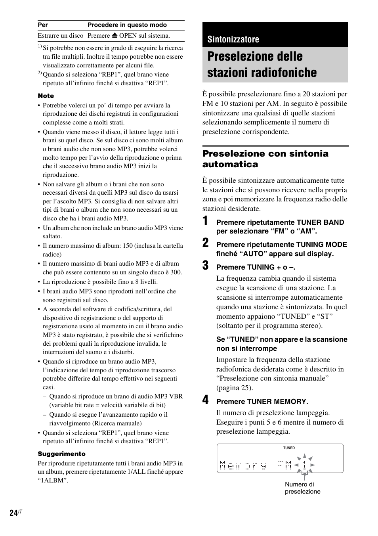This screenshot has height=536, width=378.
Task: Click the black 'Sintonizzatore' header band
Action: [x=275, y=39]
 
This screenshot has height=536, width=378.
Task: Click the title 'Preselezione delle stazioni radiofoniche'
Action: [x=262, y=65]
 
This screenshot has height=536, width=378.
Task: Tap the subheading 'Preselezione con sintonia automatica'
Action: [x=265, y=159]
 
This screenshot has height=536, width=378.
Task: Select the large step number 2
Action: [x=205, y=243]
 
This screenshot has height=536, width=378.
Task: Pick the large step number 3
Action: [x=205, y=266]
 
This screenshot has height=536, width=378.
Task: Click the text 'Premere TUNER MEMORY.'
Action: [x=262, y=402]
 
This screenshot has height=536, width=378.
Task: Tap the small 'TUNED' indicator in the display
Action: [x=289, y=448]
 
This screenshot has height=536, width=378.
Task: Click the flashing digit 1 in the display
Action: [x=304, y=465]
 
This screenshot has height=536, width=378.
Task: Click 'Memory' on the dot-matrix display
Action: [x=243, y=465]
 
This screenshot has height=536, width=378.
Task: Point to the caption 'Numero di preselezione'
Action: [x=302, y=488]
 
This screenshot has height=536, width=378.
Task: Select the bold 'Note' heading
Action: [x=46, y=96]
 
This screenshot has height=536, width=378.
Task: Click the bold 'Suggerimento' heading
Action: [x=61, y=454]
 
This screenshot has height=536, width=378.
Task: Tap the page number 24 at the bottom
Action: [x=13, y=513]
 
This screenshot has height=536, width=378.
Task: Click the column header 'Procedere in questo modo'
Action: [x=127, y=25]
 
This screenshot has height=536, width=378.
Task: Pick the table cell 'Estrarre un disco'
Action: [x=61, y=36]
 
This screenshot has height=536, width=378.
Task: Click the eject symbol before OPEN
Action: [x=114, y=36]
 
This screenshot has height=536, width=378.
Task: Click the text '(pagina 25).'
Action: [x=234, y=388]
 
